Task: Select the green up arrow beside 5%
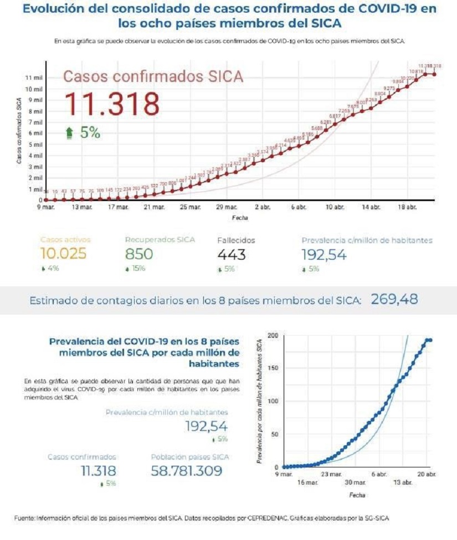[69, 132]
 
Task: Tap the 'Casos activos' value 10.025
[64, 254]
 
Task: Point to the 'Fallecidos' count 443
[232, 254]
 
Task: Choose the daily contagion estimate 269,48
[394, 300]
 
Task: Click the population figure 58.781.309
[186, 471]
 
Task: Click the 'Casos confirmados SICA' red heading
[153, 76]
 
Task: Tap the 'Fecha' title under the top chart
[240, 218]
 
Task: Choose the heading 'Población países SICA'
[189, 457]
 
